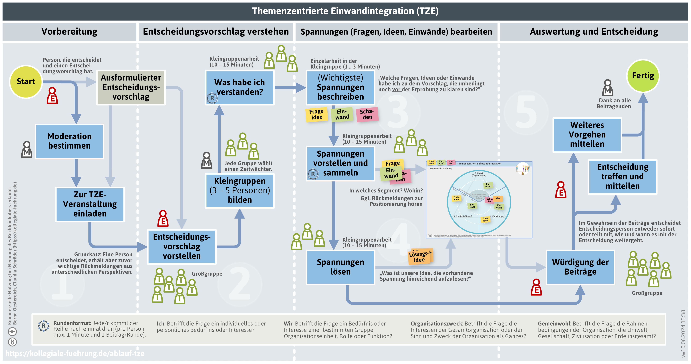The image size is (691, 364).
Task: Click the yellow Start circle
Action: pos(26,82)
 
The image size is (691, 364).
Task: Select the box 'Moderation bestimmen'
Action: pos(69,141)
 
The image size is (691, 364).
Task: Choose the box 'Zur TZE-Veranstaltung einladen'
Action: pos(90,204)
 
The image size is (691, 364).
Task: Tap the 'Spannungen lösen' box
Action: pos(340,267)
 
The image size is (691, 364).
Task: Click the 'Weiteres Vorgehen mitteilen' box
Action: pos(587,135)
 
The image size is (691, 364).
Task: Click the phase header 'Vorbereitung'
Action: pos(69,32)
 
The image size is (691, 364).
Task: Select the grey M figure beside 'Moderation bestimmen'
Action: pos(27,150)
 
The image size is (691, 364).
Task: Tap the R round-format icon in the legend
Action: pos(43,326)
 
